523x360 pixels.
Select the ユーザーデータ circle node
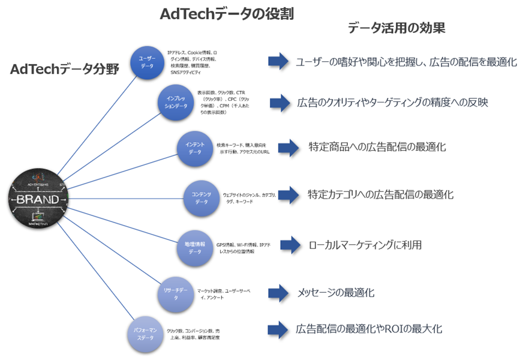[x=147, y=62]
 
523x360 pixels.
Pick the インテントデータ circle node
[x=195, y=148]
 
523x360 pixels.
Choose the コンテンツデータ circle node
[x=201, y=198]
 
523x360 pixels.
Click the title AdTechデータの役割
[x=227, y=14]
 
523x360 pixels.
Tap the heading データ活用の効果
[x=396, y=28]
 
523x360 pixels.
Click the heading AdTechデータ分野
[x=65, y=70]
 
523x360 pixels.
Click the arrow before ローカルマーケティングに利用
[x=290, y=244]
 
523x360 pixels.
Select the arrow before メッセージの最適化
[x=278, y=292]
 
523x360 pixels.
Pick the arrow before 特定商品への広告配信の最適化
[x=288, y=146]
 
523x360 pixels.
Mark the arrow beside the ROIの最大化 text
[x=278, y=329]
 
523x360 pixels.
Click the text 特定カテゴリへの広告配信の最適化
[x=380, y=194]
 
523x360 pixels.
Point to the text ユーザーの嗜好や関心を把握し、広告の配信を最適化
[x=406, y=62]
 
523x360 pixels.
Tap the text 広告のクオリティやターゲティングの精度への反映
[x=392, y=103]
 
